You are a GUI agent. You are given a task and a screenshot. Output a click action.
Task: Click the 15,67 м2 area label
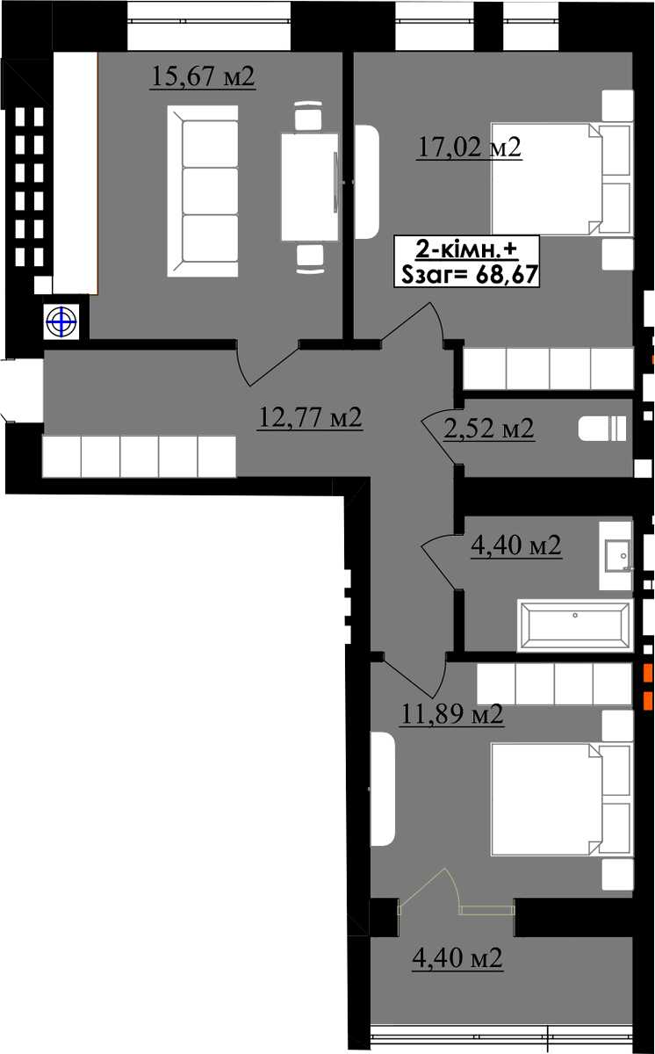tap(203, 76)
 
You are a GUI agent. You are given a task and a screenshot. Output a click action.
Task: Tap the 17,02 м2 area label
tap(469, 148)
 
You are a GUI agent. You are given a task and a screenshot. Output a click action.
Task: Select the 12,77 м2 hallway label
tap(310, 417)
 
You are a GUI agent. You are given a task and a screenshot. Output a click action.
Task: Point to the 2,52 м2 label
tap(488, 429)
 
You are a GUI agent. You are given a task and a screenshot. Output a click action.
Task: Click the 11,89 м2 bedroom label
tap(452, 714)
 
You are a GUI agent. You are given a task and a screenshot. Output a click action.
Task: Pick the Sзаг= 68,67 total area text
tap(469, 274)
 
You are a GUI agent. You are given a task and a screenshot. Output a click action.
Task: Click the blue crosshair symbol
tap(61, 322)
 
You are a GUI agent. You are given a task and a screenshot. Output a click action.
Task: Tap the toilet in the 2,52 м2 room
tap(602, 429)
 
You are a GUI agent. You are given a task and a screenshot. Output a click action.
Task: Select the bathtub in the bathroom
tap(574, 625)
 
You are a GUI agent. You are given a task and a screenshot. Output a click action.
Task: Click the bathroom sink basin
tap(617, 555)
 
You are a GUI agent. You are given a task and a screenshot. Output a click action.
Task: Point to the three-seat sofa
tap(203, 191)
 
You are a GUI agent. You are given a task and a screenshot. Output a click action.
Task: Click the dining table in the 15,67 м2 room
tap(310, 187)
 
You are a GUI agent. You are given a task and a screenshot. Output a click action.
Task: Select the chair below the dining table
tap(310, 258)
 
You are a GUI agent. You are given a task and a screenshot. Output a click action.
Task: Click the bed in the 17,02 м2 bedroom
tap(560, 179)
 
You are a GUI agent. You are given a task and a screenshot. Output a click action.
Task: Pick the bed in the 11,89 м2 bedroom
tap(560, 799)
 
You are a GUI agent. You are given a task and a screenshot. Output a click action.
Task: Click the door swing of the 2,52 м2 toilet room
tap(437, 438)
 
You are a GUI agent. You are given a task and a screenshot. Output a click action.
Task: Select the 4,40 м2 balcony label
tap(457, 958)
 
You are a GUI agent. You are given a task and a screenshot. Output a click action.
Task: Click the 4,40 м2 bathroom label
tap(516, 545)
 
